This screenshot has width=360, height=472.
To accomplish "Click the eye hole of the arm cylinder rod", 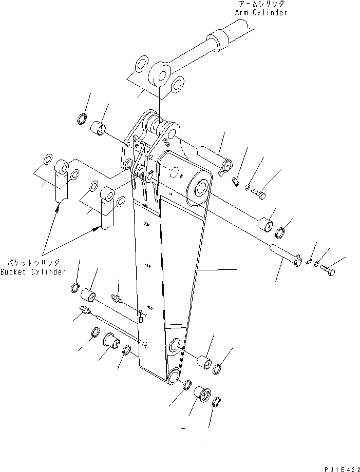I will click(x=161, y=77).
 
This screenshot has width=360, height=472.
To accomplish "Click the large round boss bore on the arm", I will click(x=200, y=187).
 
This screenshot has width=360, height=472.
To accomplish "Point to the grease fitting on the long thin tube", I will click(x=85, y=310).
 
